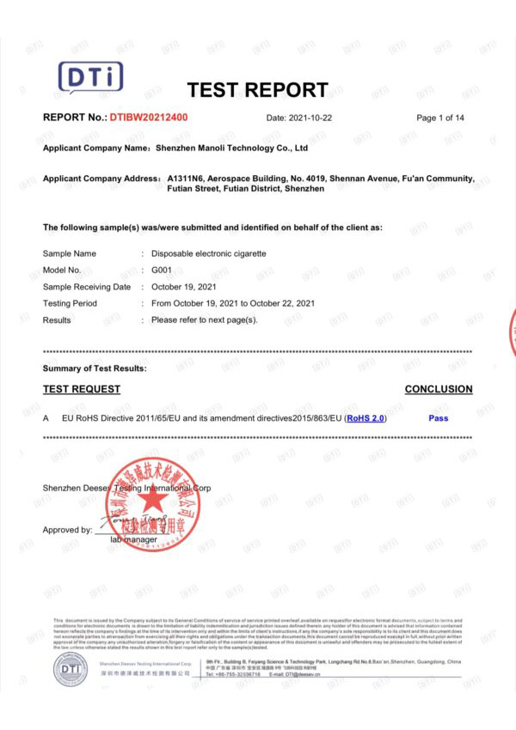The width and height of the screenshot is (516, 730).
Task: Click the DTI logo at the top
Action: [x=90, y=78]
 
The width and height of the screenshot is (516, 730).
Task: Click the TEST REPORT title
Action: [x=257, y=90]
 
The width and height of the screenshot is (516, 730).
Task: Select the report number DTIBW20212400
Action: [x=148, y=118]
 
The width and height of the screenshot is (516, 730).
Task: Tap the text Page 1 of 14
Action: [x=440, y=118]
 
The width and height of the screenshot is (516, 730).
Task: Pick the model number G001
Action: [x=163, y=271]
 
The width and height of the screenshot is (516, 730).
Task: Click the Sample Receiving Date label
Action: [x=87, y=287]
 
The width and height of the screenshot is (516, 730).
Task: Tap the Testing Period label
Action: [x=70, y=303]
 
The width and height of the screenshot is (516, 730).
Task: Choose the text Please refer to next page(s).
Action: [x=205, y=319]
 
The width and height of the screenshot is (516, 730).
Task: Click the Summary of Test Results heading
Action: [x=95, y=368]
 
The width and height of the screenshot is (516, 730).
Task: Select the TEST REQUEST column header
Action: [x=82, y=389]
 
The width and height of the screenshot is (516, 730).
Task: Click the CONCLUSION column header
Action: [x=439, y=389]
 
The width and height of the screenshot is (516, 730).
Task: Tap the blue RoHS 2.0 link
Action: [x=366, y=418]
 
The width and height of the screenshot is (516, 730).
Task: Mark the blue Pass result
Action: [x=438, y=418]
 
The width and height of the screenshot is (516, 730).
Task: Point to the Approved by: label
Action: [x=67, y=530]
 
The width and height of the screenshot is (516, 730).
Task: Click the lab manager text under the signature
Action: [x=133, y=539]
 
